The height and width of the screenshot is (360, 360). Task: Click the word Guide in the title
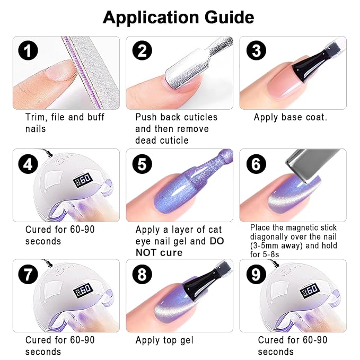click(229, 17)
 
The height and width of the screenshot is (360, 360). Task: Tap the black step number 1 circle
click(28, 50)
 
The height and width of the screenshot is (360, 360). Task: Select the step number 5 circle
click(142, 164)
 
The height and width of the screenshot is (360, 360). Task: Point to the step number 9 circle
click(256, 274)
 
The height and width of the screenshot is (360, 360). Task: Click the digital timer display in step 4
click(83, 180)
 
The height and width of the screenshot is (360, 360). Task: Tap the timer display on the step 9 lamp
click(310, 290)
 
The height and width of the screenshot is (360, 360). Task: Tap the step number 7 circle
click(28, 274)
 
